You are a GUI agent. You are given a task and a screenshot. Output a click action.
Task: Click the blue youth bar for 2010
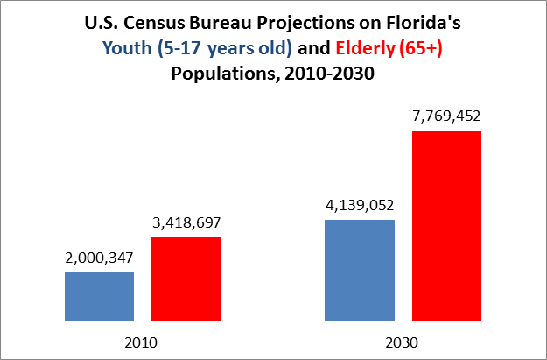coord(99,297)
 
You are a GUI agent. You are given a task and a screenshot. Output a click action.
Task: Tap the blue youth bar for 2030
coord(359,271)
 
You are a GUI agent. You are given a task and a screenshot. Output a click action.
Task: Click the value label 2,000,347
coord(99,258)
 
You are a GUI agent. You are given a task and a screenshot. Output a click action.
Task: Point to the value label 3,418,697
coord(186,223)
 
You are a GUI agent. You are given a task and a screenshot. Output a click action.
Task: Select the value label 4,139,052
coord(359,206)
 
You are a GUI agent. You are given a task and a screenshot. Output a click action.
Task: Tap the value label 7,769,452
coord(446,116)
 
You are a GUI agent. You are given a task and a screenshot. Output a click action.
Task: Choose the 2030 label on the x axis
coord(403,340)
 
